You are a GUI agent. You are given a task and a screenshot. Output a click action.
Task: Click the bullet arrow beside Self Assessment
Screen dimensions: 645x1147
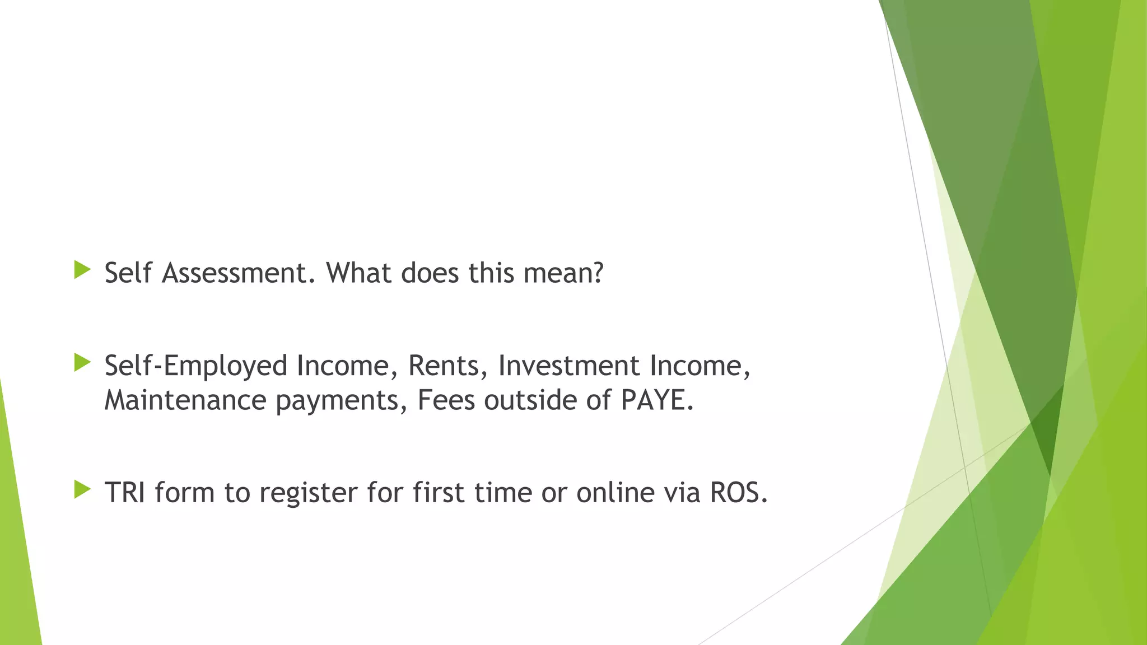tap(82, 270)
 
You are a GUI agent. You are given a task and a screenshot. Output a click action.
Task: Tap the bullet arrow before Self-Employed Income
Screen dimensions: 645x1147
tap(82, 363)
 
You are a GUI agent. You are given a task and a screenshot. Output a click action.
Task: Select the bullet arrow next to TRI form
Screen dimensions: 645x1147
tap(82, 490)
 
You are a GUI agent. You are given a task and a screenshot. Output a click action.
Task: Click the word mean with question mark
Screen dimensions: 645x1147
tap(563, 273)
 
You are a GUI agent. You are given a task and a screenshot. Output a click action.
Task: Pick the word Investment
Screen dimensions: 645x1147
tap(568, 366)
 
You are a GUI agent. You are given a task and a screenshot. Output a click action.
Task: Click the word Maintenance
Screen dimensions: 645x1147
tap(185, 401)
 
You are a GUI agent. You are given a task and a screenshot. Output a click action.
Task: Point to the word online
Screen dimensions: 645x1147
tap(616, 493)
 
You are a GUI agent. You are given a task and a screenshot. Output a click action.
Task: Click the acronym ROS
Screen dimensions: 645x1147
tap(738, 493)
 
